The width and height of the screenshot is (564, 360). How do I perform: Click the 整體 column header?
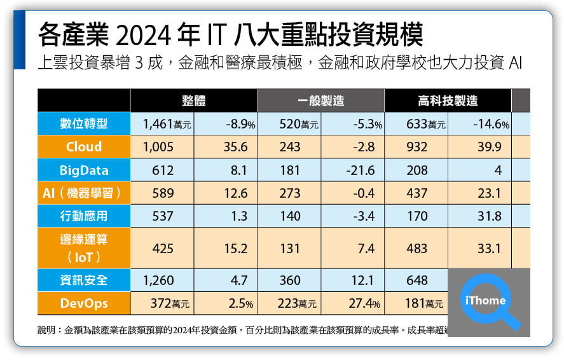pos(193,100)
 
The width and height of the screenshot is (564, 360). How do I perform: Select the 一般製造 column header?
pos(320,100)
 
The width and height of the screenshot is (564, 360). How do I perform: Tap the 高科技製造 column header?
pos(448,100)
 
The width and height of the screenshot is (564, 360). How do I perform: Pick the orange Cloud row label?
pos(84,147)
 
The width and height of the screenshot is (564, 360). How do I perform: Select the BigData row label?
pos(84,170)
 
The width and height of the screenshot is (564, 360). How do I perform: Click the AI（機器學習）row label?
pos(84,193)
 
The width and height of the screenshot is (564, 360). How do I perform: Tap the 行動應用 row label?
pos(84,216)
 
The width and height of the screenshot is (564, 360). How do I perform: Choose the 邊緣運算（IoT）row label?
pos(84,249)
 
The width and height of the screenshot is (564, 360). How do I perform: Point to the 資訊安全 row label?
pos(84,280)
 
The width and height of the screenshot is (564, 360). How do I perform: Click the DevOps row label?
pos(84,303)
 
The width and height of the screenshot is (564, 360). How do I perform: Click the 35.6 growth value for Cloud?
pos(235,147)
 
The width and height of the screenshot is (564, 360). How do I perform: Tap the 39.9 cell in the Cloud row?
pos(490,147)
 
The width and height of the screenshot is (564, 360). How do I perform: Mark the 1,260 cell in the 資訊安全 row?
pos(158,280)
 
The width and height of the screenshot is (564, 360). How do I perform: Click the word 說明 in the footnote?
pos(47,331)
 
